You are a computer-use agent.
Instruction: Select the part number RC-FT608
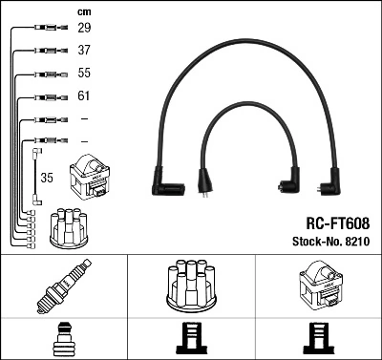click(x=335, y=222)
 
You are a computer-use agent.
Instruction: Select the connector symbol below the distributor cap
click(x=192, y=338)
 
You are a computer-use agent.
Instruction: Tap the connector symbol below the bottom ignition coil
click(x=319, y=338)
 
